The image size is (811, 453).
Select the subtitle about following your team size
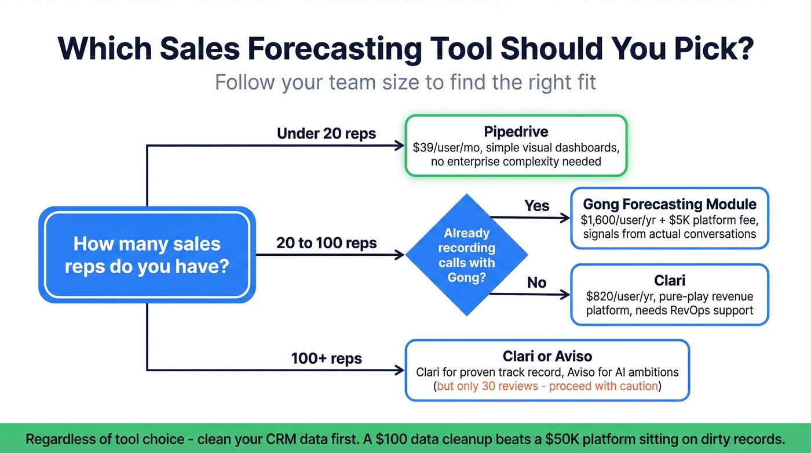pyautogui.click(x=405, y=82)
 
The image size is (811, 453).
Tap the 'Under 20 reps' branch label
pyautogui.click(x=326, y=133)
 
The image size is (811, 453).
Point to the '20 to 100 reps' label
pyautogui.click(x=326, y=242)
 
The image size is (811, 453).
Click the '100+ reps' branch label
pyautogui.click(x=326, y=358)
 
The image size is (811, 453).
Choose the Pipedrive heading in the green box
pyautogui.click(x=516, y=132)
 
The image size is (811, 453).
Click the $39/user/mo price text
pyautogui.click(x=444, y=147)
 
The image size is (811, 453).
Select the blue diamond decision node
pyautogui.click(x=466, y=255)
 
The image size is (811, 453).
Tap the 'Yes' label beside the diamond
pyautogui.click(x=537, y=205)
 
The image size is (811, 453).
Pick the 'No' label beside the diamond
pyautogui.click(x=537, y=282)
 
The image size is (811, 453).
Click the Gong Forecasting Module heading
pyautogui.click(x=669, y=204)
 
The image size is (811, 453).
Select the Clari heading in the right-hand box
pyautogui.click(x=669, y=281)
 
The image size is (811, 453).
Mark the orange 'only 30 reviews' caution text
pyautogui.click(x=547, y=386)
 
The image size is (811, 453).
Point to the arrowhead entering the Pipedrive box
pyautogui.click(x=399, y=146)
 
